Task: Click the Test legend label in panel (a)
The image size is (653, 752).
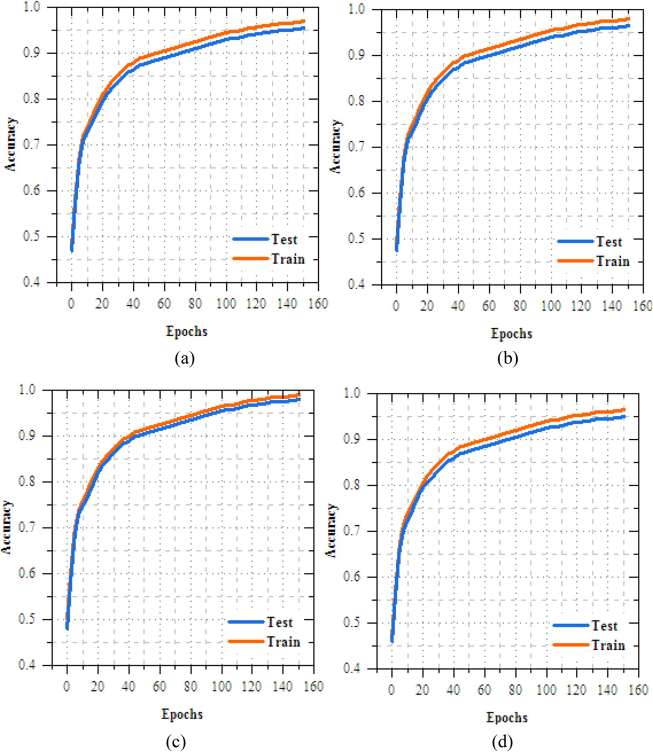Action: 284,239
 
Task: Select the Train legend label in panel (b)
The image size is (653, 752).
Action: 613,261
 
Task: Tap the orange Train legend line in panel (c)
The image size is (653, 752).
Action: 246,641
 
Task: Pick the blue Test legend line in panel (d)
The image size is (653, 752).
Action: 571,625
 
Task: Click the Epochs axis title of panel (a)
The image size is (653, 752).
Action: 186,331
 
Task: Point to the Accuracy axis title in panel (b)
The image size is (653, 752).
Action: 336,147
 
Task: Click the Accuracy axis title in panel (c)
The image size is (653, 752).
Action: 6,527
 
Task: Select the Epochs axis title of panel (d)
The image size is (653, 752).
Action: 507,718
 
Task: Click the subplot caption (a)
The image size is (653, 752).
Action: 184,358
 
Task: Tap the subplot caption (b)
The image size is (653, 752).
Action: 508,358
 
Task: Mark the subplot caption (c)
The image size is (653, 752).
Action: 175,742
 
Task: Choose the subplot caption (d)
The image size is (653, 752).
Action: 502,742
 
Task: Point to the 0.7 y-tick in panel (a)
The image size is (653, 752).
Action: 31,145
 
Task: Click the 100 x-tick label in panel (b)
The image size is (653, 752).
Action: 551,306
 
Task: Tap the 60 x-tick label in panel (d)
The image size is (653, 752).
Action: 484,689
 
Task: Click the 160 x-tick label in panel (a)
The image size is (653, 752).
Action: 318,304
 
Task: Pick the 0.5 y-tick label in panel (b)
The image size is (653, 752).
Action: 356,239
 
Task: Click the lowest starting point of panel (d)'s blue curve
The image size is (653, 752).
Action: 392,641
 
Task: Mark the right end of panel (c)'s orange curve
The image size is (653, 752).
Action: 299,395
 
